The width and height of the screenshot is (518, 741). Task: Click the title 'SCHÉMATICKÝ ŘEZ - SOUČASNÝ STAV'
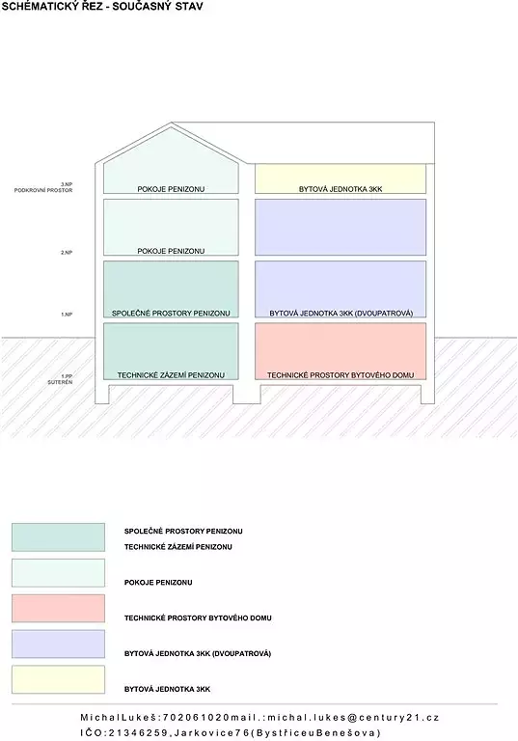pyautogui.click(x=102, y=7)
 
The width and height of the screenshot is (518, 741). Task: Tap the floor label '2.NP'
pyautogui.click(x=67, y=253)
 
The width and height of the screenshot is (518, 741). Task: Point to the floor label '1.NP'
pyautogui.click(x=67, y=315)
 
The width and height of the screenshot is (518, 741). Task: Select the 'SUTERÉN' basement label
pyautogui.click(x=60, y=382)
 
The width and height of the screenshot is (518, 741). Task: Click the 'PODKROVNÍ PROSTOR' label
pyautogui.click(x=43, y=190)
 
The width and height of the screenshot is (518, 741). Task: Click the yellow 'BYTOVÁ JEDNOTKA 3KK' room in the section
pyautogui.click(x=341, y=178)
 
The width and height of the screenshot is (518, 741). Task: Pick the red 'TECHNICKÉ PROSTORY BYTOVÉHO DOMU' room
pyautogui.click(x=341, y=351)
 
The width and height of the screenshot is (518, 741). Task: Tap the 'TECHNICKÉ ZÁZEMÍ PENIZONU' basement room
pyautogui.click(x=171, y=351)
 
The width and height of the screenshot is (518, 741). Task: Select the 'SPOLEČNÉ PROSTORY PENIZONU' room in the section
pyautogui.click(x=171, y=289)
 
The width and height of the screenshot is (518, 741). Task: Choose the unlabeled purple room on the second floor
pyautogui.click(x=341, y=228)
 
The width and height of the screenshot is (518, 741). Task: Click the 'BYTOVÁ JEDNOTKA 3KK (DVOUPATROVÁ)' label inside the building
pyautogui.click(x=341, y=314)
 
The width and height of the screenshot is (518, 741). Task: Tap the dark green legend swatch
pyautogui.click(x=58, y=537)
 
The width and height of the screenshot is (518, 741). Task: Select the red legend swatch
pyautogui.click(x=58, y=608)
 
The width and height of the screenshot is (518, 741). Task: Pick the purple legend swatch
pyautogui.click(x=58, y=644)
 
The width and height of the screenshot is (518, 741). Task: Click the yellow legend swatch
pyautogui.click(x=58, y=679)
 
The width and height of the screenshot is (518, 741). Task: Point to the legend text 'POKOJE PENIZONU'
pyautogui.click(x=158, y=583)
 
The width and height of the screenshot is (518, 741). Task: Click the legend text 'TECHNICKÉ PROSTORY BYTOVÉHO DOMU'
pyautogui.click(x=198, y=618)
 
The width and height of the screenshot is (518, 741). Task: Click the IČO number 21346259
pyautogui.click(x=138, y=733)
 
